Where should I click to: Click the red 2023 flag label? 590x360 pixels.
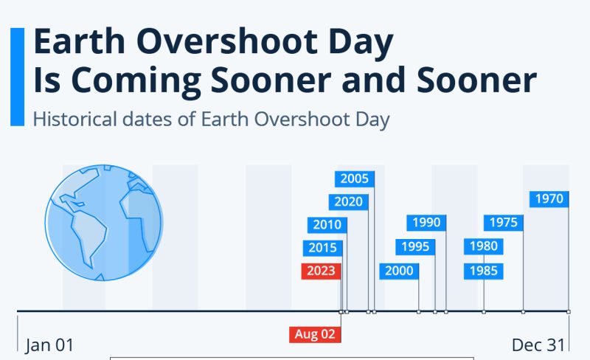(x=321, y=271)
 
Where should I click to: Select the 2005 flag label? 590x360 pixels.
(x=355, y=179)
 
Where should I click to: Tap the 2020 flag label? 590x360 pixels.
(x=348, y=202)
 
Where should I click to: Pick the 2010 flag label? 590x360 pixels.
(x=327, y=225)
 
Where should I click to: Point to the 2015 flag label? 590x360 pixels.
(x=322, y=248)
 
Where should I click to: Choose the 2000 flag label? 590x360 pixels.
(x=399, y=271)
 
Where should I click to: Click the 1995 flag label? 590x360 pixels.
(x=415, y=247)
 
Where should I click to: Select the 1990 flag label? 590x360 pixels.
(x=426, y=223)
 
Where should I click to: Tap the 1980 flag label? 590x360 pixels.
(x=484, y=246)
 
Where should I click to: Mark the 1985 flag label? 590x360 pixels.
(x=484, y=271)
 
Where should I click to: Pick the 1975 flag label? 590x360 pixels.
(x=504, y=223)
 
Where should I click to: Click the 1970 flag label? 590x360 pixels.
(x=549, y=199)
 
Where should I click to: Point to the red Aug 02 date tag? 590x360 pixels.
(x=315, y=334)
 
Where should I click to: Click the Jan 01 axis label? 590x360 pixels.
(x=49, y=345)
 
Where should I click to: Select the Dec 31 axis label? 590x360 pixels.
(x=538, y=345)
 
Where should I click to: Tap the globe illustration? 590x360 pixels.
(x=104, y=223)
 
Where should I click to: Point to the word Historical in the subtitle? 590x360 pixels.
(x=75, y=119)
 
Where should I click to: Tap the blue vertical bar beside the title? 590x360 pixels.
(x=17, y=77)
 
